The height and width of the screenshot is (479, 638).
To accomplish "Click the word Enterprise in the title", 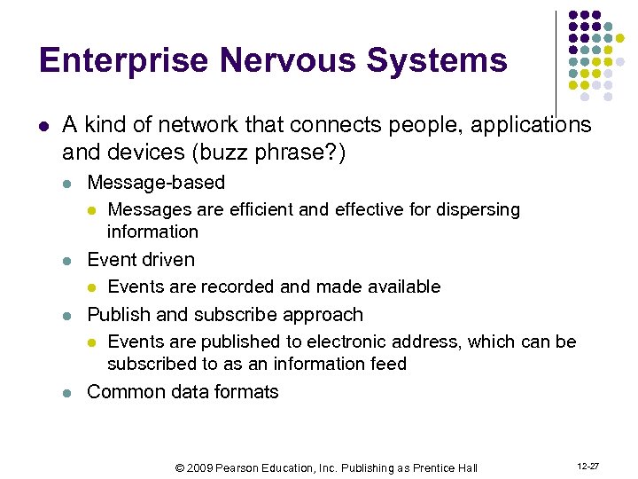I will coord(124,60).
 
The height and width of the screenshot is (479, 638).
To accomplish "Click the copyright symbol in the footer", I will coord(178,467).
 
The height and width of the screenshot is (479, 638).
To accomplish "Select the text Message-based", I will coord(156,183).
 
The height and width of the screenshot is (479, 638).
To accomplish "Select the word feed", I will coord(389,364).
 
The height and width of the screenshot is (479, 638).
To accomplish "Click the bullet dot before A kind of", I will coord(44,126).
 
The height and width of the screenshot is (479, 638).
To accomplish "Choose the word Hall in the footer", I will coord(466,467).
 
